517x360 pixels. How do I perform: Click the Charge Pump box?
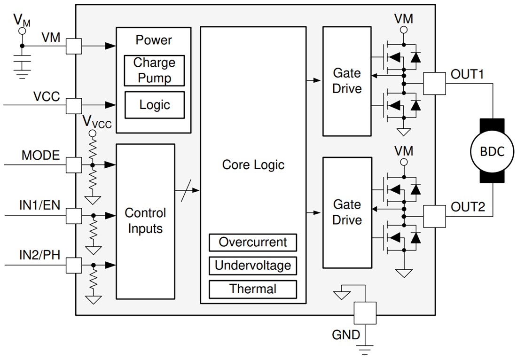tap(154, 70)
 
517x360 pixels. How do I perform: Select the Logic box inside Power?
tap(154, 105)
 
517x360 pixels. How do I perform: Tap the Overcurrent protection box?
tap(253, 243)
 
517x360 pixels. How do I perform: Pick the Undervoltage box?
tap(253, 266)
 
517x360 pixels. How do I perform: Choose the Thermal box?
tap(253, 289)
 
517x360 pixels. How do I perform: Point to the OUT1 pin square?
tap(434, 83)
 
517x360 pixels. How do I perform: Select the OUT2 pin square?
tap(434, 216)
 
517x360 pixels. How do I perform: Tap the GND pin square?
tap(365, 313)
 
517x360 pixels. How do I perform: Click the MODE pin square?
tap(74, 165)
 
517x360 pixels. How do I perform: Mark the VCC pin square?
tap(74, 105)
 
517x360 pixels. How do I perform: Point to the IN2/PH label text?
tap(40, 255)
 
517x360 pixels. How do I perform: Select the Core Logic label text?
tap(253, 165)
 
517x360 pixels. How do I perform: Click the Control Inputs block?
tap(145, 221)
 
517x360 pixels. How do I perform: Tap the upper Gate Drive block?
tap(347, 81)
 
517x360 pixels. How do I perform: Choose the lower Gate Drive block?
tap(347, 212)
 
